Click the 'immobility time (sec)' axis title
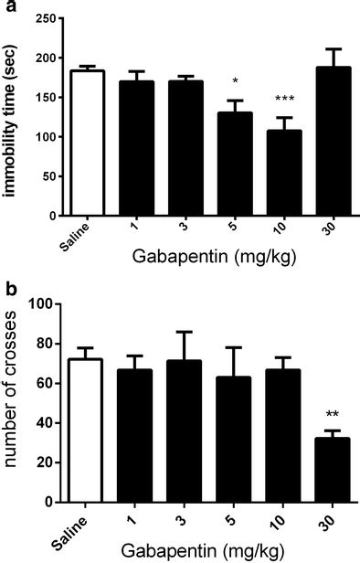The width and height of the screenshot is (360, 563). coord(13,117)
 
